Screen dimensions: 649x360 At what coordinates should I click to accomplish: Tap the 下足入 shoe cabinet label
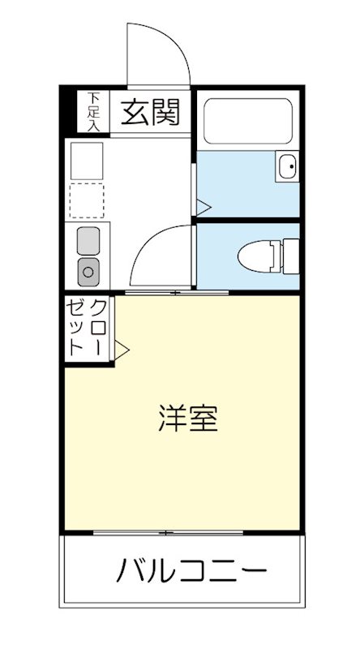[94, 112]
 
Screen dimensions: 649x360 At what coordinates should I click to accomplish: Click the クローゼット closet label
[88, 327]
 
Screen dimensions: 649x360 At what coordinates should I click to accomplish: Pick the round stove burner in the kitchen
[88, 270]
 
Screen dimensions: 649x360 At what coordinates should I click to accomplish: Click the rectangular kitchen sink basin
[88, 241]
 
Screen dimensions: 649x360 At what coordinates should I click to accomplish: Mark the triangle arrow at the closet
[122, 351]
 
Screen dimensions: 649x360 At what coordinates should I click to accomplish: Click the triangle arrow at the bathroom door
[203, 206]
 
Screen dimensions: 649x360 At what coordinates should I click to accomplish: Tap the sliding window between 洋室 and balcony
[168, 533]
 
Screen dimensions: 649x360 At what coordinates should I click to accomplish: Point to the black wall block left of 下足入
[71, 111]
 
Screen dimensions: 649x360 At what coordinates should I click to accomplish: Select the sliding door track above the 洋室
[178, 291]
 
